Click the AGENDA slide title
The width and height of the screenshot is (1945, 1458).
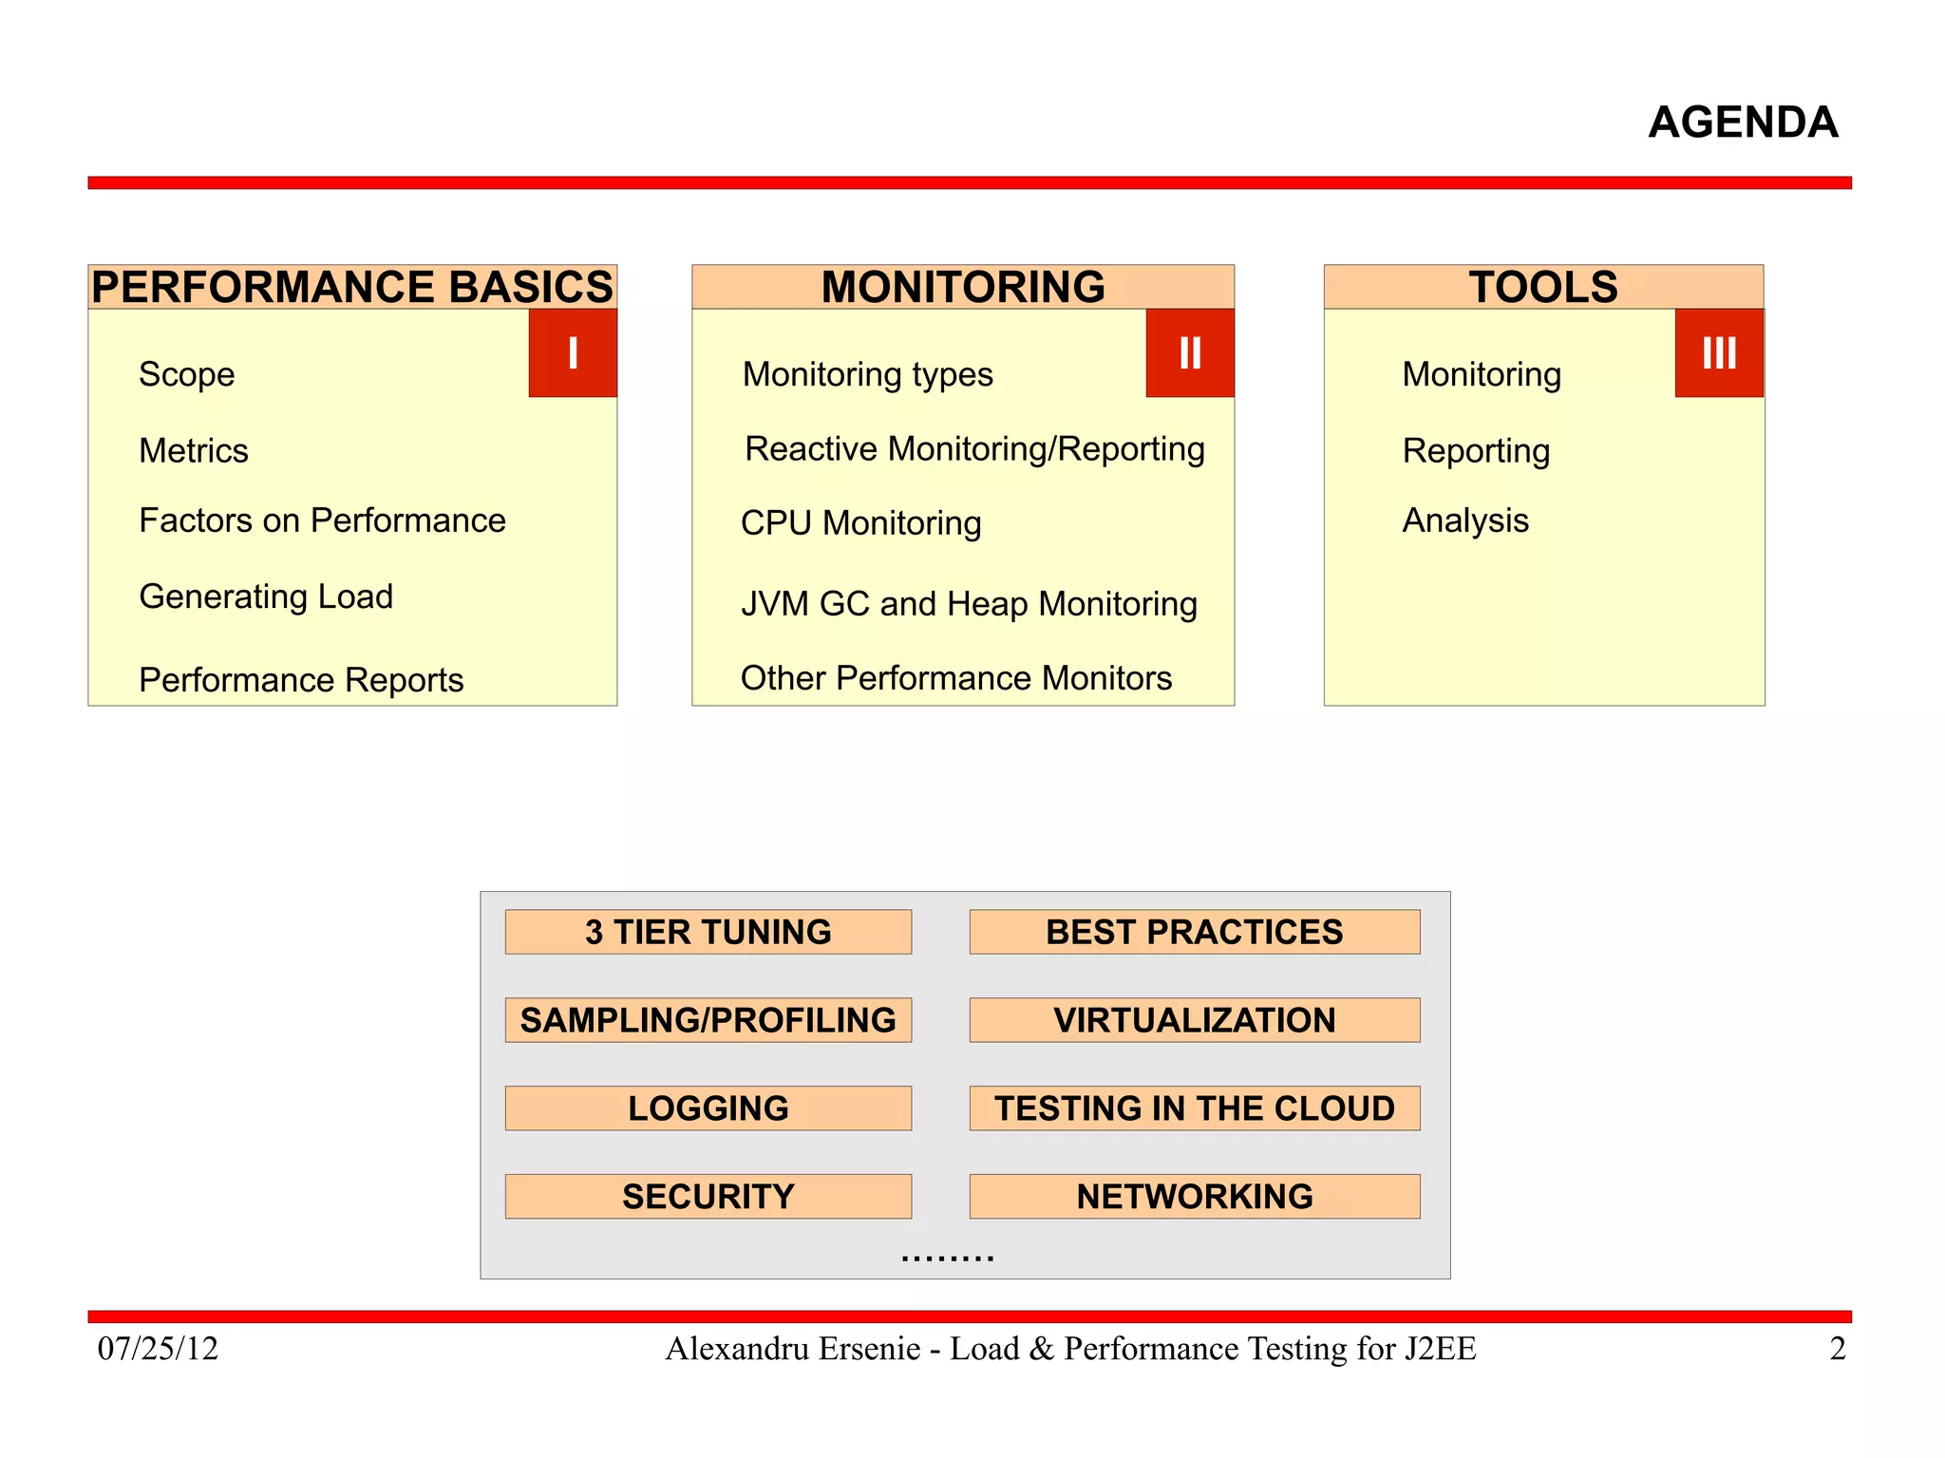[1743, 123]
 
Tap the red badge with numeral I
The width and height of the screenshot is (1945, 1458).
[573, 353]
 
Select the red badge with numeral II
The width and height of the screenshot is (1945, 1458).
[1190, 353]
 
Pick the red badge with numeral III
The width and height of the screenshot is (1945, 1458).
[1719, 353]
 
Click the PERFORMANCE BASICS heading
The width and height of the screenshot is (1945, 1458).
[352, 287]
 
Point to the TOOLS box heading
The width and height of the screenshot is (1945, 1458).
[1543, 287]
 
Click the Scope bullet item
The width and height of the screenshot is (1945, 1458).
[187, 374]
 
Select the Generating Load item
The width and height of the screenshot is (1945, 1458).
[266, 596]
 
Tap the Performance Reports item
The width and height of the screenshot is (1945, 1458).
[301, 680]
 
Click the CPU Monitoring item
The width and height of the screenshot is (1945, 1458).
[860, 523]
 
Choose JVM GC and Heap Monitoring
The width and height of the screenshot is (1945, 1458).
[969, 604]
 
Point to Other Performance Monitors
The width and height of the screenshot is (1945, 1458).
[956, 678]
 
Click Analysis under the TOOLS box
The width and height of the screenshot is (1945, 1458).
[1465, 521]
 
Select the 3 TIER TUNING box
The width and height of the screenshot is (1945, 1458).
[708, 932]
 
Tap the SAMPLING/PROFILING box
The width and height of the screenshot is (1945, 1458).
[708, 1020]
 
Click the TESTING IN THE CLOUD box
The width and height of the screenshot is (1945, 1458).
[1195, 1108]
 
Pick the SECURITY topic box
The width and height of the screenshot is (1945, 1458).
[708, 1197]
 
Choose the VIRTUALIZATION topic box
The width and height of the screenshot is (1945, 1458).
[1195, 1020]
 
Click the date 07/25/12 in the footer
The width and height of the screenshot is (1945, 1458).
[158, 1349]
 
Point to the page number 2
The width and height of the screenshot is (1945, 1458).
[1838, 1349]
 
